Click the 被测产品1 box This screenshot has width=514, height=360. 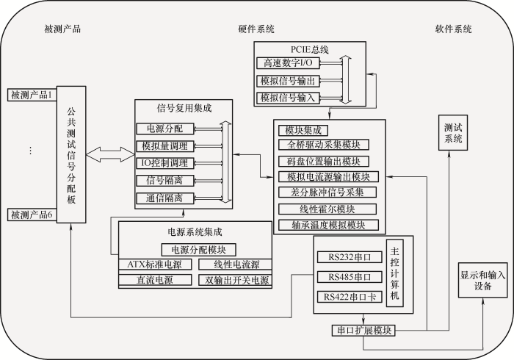[32, 95]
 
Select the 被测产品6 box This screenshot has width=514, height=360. [32, 215]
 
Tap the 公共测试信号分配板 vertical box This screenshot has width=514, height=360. [71, 154]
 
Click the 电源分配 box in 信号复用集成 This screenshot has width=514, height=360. [165, 129]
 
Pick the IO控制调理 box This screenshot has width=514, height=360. [165, 163]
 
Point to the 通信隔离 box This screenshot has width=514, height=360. [165, 198]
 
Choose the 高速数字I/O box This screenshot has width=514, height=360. [288, 62]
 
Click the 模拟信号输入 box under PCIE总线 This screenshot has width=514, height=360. [288, 98]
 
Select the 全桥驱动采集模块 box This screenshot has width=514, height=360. [324, 145]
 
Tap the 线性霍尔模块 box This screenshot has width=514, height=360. [327, 209]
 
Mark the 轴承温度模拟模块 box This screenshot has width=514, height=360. [328, 225]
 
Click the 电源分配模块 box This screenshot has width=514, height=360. [199, 250]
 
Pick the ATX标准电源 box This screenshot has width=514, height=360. [155, 264]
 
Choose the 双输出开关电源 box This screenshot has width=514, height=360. [235, 280]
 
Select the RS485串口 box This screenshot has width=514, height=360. [350, 277]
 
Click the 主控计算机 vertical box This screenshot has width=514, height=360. [395, 273]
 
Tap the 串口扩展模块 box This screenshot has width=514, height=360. [363, 330]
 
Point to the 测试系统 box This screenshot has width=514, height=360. [453, 133]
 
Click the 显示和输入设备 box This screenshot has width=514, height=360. [482, 280]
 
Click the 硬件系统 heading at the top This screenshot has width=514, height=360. [256, 29]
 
